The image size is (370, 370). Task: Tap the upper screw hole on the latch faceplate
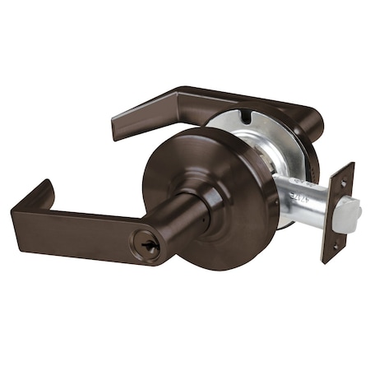(343, 184)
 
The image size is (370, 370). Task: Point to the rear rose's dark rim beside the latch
(311, 164)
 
